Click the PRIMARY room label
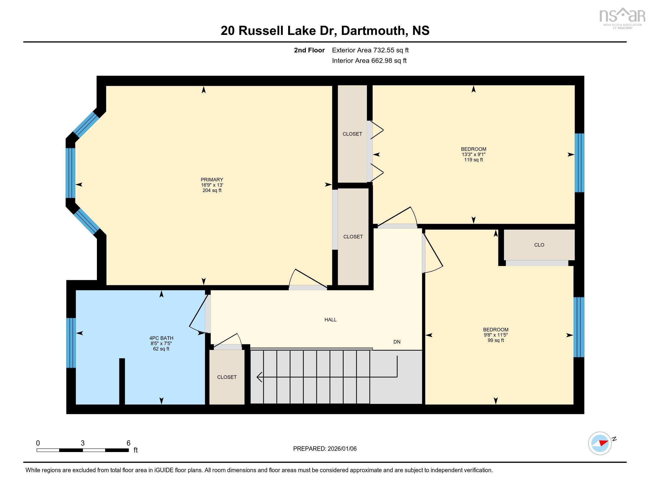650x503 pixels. tap(212, 179)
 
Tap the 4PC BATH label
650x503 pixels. tap(161, 338)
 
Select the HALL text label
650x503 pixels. tap(330, 320)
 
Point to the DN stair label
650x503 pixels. tap(397, 342)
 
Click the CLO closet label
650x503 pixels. tap(539, 245)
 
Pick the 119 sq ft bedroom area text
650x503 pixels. tap(473, 160)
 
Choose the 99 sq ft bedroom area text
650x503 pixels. tap(495, 340)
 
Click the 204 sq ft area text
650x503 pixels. tap(212, 191)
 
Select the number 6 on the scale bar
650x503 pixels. tap(129, 443)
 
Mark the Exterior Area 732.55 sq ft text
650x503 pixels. tap(370, 50)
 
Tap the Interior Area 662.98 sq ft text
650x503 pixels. tap(369, 61)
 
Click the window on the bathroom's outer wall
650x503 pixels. tap(71, 343)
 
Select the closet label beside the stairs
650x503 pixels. tap(227, 377)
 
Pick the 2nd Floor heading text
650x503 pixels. tap(309, 50)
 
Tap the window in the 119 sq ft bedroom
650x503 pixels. tap(579, 163)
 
